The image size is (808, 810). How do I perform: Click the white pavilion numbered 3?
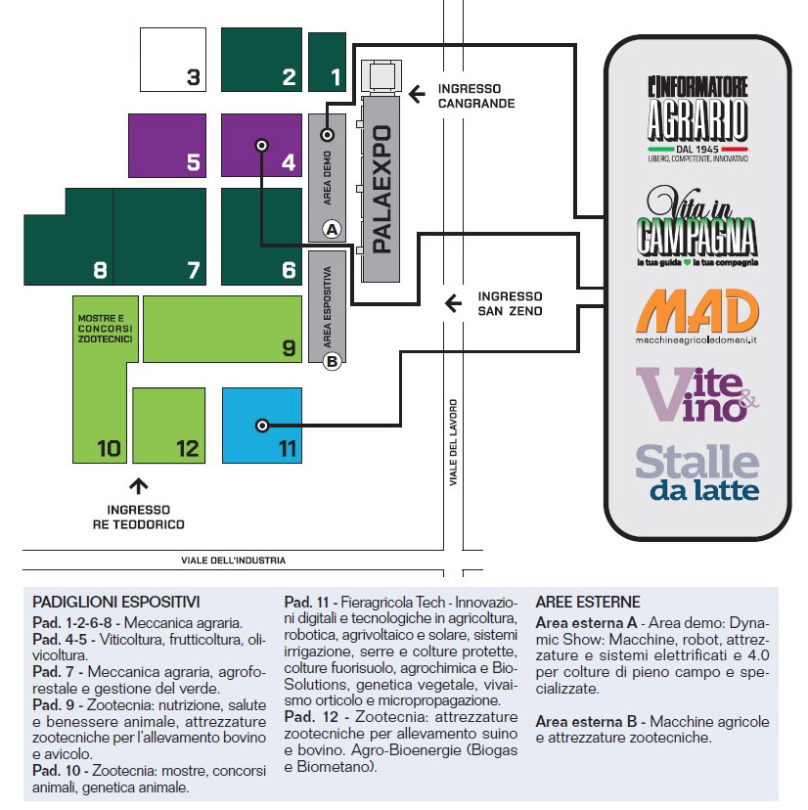173,60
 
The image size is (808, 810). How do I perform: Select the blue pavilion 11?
262,426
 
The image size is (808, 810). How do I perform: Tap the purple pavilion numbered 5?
167,145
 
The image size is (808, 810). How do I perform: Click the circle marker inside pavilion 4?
262,145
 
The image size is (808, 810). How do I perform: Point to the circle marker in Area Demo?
327,135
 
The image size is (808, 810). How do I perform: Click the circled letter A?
332,229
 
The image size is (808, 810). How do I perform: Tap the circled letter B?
332,361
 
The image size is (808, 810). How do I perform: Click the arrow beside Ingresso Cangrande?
417,94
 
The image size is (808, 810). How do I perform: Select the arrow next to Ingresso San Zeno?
453,303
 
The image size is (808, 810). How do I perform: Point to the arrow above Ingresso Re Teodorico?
139,486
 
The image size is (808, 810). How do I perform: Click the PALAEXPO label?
382,189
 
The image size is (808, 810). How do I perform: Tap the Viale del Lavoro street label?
453,442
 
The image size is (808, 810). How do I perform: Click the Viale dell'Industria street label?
234,560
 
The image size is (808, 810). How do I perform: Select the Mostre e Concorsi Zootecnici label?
106,329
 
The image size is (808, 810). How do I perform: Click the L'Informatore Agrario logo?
697,119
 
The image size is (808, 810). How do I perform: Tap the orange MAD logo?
696,316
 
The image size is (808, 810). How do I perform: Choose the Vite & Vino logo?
696,394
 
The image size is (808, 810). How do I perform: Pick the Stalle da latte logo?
696,472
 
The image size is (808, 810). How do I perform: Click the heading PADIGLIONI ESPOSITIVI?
116,602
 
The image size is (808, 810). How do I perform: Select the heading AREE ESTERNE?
588,602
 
